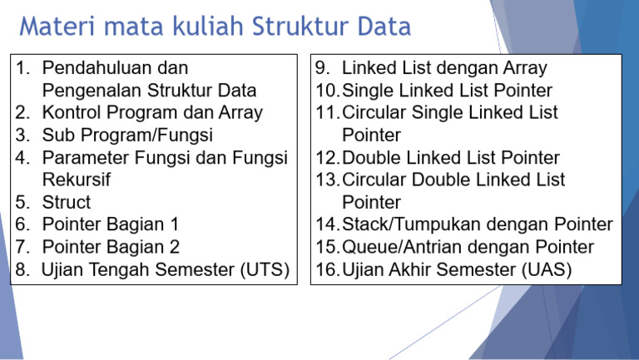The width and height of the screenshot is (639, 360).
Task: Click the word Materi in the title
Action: pos(54,27)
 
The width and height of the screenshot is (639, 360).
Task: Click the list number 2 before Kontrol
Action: pos(22,112)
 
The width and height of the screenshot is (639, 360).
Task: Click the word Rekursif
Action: pos(76,180)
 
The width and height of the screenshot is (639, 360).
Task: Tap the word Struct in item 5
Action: pos(66,202)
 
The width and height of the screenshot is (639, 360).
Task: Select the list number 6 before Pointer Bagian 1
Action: pos(22,224)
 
